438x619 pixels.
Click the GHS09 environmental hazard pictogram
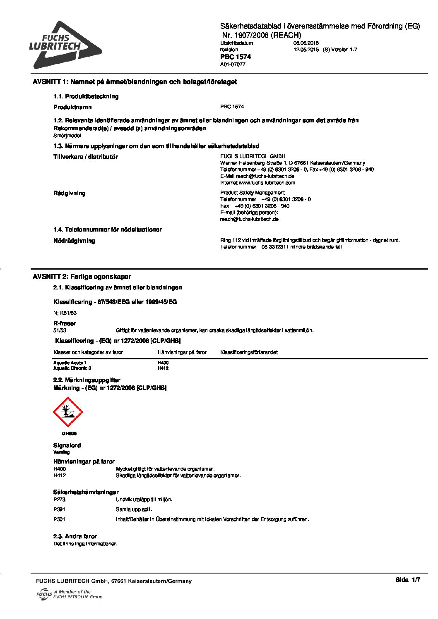68,412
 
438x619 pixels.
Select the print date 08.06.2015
306,43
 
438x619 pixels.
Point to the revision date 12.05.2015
306,50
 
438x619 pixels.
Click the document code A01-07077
233,65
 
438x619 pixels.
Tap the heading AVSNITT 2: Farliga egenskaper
82,277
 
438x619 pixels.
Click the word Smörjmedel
67,135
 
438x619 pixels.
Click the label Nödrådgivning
74,241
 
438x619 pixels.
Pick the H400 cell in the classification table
163,363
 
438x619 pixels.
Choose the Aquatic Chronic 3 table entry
72,368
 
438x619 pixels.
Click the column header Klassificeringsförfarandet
249,352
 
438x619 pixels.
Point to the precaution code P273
59,500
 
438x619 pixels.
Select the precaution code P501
59,519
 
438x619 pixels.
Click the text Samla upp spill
134,509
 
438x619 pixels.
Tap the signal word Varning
62,452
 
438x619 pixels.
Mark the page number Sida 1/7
407,580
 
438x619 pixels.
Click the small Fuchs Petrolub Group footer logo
69,595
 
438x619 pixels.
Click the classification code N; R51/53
65,313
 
